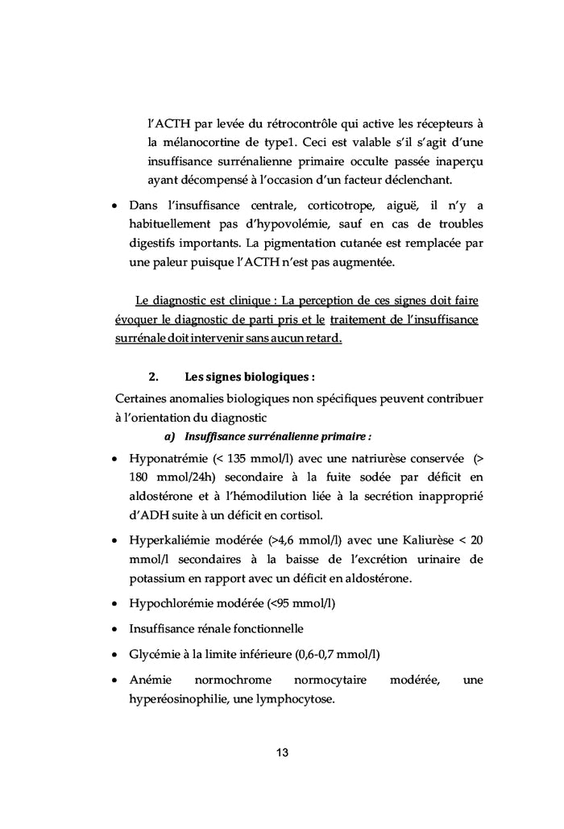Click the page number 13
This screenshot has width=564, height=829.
282,753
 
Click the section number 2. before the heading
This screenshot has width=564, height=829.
154,376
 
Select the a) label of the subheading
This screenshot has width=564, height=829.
169,436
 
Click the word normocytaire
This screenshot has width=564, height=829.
331,680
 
